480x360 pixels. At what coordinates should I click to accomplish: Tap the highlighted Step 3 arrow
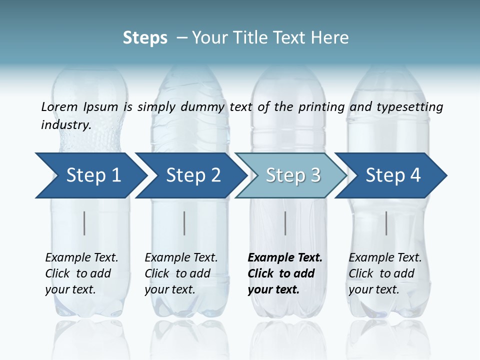coord(292,175)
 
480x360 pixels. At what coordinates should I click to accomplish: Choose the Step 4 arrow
coord(392,175)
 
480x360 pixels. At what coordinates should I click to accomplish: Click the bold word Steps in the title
coord(145,38)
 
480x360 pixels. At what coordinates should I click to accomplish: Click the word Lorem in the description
coord(59,106)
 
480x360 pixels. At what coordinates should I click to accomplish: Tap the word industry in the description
coord(65,125)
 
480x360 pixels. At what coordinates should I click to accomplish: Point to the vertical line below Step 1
coord(84,223)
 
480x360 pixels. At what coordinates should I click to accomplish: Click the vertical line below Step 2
coord(184,223)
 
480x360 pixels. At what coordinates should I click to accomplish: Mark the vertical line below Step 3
coord(285,223)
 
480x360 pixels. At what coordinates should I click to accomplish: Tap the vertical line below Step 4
coord(386,223)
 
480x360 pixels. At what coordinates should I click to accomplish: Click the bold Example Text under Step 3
coord(285,258)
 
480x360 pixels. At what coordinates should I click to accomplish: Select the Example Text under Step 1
coord(81,258)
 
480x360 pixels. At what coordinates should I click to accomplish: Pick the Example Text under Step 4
coord(385,258)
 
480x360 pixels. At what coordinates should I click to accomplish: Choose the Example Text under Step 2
coord(181,258)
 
